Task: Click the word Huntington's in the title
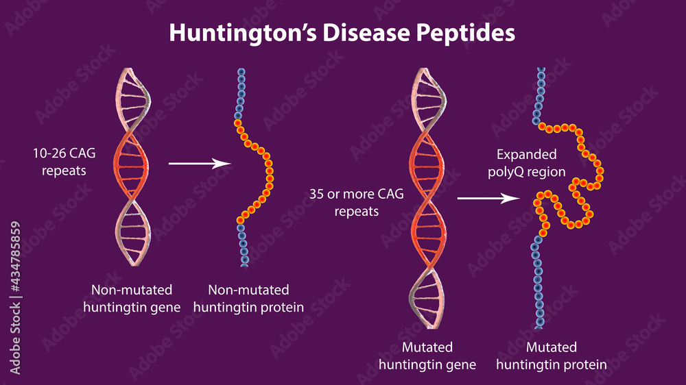tap(243, 33)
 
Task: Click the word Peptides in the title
tap(466, 33)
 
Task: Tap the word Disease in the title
tap(366, 32)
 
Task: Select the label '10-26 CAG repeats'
tap(64, 162)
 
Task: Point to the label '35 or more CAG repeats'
tap(357, 202)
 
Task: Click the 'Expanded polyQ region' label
tap(527, 163)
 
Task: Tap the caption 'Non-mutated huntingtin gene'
tap(132, 299)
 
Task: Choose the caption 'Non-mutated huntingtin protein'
tap(248, 299)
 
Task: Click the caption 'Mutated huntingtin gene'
tap(427, 356)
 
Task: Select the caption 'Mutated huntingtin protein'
tap(552, 356)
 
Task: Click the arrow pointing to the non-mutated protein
tap(200, 164)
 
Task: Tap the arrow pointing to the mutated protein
tap(488, 198)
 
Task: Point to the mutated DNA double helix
tap(428, 198)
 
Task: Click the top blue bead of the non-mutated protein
tap(241, 72)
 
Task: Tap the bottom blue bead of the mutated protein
tap(539, 325)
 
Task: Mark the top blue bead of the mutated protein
tap(541, 70)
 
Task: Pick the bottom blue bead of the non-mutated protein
tap(245, 264)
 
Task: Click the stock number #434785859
tap(15, 256)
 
